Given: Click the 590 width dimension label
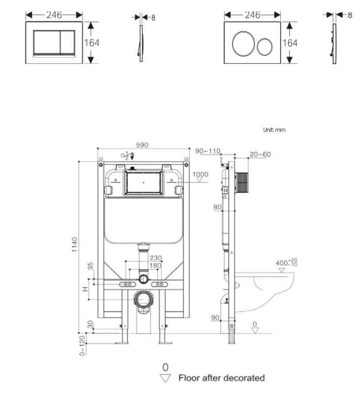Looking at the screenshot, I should [142, 145].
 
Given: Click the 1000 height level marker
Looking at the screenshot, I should [200, 174].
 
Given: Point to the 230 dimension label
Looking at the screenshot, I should [155, 258].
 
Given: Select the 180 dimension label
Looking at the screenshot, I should [155, 265].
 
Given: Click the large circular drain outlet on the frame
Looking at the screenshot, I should [143, 299].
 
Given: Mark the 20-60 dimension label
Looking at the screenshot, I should [259, 154].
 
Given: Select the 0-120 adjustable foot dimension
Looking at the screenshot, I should [82, 346].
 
